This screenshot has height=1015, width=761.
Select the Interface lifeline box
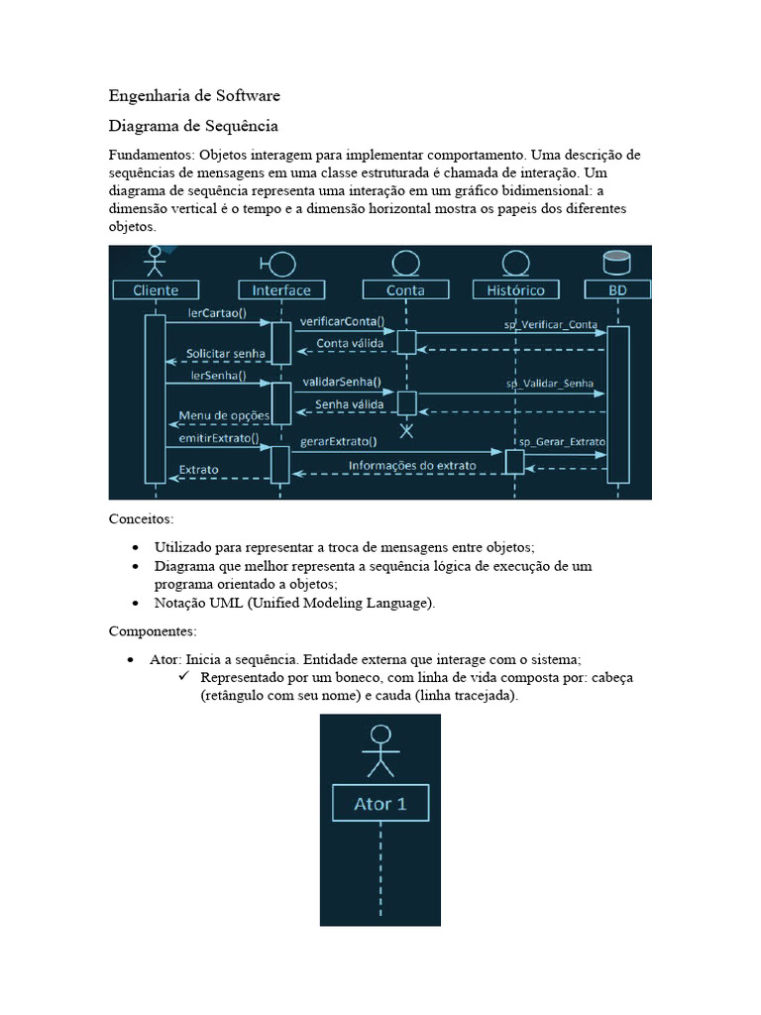(281, 290)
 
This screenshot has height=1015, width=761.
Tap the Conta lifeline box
(405, 290)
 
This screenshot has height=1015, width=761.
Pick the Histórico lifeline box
(515, 290)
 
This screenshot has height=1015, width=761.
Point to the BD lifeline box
(616, 290)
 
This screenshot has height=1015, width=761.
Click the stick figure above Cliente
(154, 262)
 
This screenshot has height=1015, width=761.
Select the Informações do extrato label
(411, 465)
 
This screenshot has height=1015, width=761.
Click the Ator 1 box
(380, 803)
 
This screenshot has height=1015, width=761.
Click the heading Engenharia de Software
(194, 96)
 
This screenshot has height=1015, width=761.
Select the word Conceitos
(141, 518)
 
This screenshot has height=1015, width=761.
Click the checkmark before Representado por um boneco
(183, 676)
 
